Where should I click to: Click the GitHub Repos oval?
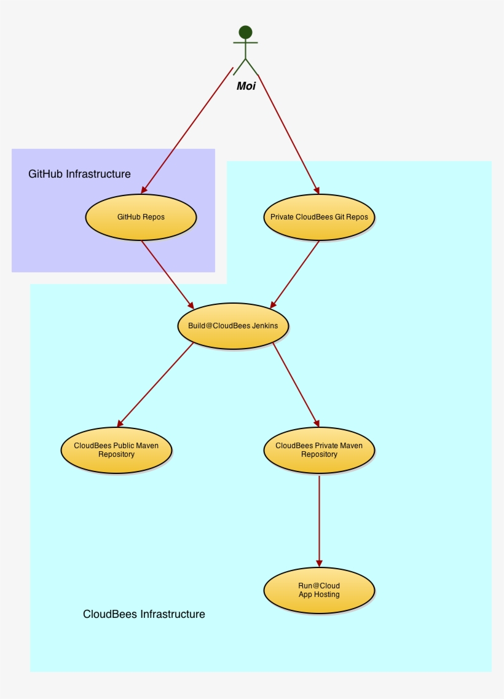[141, 217]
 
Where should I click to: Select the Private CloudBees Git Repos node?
[319, 217]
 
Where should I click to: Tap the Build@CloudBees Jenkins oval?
[233, 326]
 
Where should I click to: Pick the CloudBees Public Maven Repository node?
[116, 450]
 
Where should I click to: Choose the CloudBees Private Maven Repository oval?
[319, 450]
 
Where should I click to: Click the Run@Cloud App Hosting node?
[319, 590]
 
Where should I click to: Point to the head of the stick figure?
[245, 32]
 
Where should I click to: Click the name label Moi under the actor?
[246, 86]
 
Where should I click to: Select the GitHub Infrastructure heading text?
[79, 174]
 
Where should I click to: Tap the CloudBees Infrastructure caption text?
[144, 614]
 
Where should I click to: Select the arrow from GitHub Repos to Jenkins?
[167, 273]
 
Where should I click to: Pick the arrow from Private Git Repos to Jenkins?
[295, 273]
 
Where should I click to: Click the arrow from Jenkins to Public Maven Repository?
[156, 384]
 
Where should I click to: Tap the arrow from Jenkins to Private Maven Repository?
[296, 384]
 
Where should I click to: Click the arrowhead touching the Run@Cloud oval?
[319, 563]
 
